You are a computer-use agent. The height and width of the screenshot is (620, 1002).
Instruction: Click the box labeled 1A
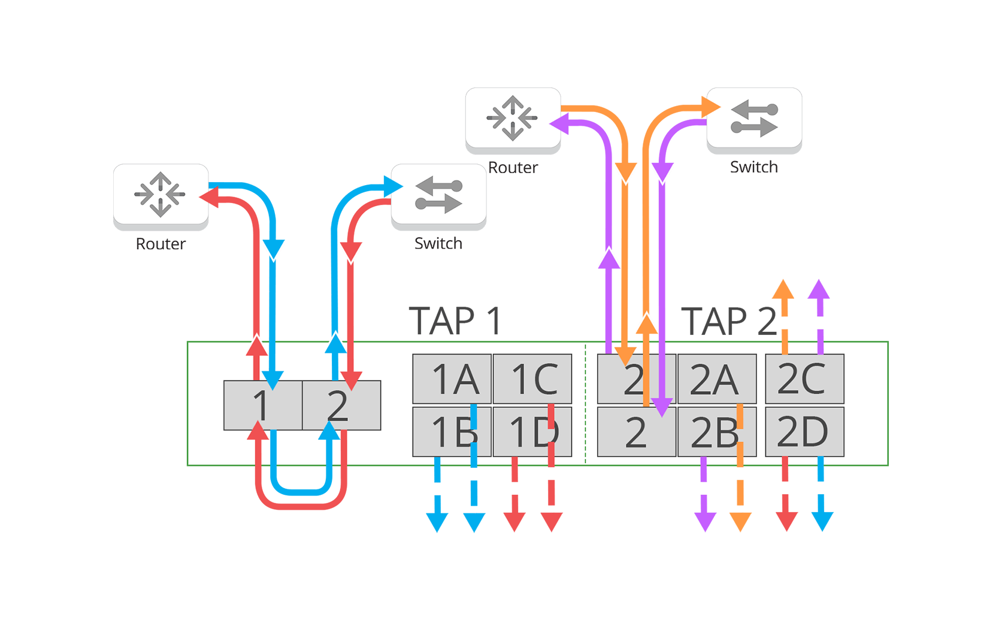tap(452, 379)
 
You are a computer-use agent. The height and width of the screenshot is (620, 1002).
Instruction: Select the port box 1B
tap(452, 432)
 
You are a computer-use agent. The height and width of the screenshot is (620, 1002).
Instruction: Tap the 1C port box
tap(532, 379)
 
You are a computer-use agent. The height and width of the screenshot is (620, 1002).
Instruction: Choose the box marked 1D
tap(532, 432)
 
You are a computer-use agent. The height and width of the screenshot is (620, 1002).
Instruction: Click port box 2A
tap(717, 379)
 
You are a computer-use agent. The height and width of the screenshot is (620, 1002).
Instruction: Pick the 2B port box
tap(717, 432)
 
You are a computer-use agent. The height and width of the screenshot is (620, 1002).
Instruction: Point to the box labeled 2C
tap(804, 379)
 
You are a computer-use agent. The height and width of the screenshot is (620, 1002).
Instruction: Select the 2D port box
tap(804, 432)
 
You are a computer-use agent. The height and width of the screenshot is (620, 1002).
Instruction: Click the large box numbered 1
tap(262, 406)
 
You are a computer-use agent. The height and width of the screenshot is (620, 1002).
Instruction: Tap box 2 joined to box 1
tap(341, 406)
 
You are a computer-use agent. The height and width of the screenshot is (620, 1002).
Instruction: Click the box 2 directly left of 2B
tap(636, 432)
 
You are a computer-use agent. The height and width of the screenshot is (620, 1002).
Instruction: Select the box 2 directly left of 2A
tap(636, 379)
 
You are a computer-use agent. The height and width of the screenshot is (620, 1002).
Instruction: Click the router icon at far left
tap(161, 194)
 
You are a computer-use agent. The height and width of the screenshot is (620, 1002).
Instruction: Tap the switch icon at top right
tap(754, 118)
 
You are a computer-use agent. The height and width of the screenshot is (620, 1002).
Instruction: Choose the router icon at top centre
tap(513, 118)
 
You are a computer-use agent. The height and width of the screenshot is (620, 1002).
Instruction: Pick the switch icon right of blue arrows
tap(438, 194)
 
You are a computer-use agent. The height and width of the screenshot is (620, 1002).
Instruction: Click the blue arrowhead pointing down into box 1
tap(273, 380)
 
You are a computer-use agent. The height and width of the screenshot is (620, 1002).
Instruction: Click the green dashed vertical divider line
tap(585, 404)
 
